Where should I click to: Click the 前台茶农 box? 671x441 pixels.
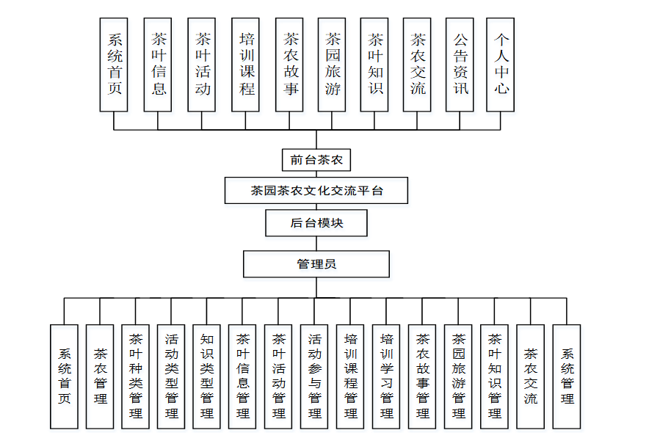click(316, 159)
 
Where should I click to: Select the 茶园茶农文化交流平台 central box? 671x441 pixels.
click(316, 190)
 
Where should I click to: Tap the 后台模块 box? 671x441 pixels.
click(316, 223)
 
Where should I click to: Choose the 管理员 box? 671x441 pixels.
click(316, 264)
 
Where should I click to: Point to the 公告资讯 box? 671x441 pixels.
click(460, 65)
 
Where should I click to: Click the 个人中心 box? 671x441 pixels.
click(501, 65)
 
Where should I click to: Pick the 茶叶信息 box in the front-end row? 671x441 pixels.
click(158, 65)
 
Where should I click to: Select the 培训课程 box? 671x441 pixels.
click(245, 65)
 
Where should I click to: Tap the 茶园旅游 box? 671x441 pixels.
click(332, 65)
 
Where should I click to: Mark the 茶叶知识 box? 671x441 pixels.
click(374, 65)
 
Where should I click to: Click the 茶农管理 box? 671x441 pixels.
click(100, 376)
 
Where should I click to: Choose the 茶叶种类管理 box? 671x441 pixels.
click(136, 376)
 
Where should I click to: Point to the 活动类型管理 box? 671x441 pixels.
click(171, 376)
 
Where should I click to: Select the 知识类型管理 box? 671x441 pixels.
click(207, 376)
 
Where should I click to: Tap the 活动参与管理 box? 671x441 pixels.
click(315, 376)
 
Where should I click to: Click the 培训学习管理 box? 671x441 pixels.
click(387, 376)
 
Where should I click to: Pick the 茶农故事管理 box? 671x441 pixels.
click(423, 376)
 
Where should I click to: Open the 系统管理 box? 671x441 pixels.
click(567, 376)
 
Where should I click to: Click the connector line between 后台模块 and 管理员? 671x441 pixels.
click(316, 244)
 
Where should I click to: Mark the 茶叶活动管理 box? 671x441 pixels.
click(279, 376)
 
